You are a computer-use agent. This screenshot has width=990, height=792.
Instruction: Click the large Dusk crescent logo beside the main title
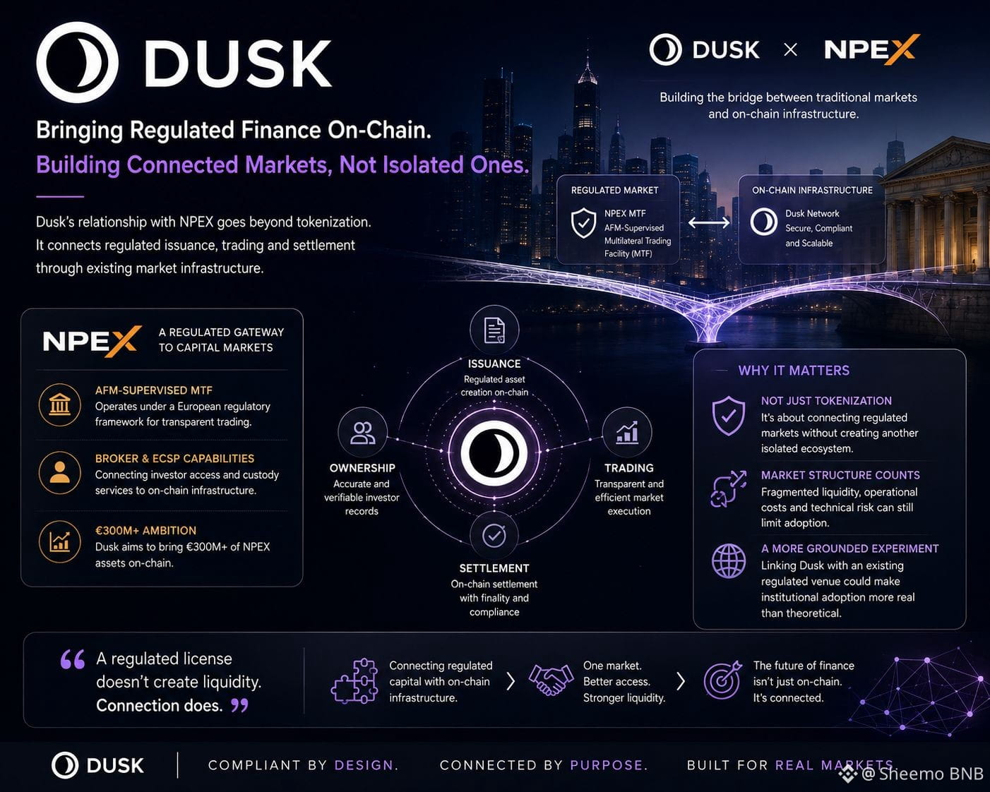[x=77, y=62]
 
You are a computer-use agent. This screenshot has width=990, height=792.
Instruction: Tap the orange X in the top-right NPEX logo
[x=902, y=49]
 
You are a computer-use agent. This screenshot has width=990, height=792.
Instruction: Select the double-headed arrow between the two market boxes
[x=709, y=222]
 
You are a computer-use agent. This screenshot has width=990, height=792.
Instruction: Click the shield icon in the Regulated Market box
[x=583, y=222]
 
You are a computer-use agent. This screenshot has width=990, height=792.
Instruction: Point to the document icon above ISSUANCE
[x=494, y=330]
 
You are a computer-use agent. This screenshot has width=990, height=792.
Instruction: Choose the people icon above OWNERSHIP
[x=362, y=432]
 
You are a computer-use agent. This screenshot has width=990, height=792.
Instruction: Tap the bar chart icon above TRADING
[x=627, y=432]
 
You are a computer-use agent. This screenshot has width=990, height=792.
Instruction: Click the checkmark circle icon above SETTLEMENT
[x=494, y=535]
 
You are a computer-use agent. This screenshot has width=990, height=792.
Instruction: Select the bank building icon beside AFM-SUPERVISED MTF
[x=60, y=404]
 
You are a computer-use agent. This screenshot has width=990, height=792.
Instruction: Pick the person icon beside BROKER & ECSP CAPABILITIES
[x=60, y=473]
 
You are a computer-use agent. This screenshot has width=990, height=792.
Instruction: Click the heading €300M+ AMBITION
[x=145, y=530]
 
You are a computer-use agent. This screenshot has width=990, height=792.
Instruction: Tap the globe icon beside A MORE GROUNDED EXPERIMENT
[x=729, y=560]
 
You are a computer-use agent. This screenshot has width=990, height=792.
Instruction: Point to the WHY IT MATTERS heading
[x=794, y=371]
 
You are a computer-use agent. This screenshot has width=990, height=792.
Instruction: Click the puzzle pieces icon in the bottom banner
[x=354, y=680]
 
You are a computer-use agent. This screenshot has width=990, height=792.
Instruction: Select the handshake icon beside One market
[x=551, y=680]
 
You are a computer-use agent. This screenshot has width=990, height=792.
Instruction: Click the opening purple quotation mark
[x=73, y=659]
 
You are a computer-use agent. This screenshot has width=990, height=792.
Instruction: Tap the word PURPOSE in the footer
[x=607, y=765]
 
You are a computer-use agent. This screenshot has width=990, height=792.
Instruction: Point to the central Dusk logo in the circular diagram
[x=494, y=452]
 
